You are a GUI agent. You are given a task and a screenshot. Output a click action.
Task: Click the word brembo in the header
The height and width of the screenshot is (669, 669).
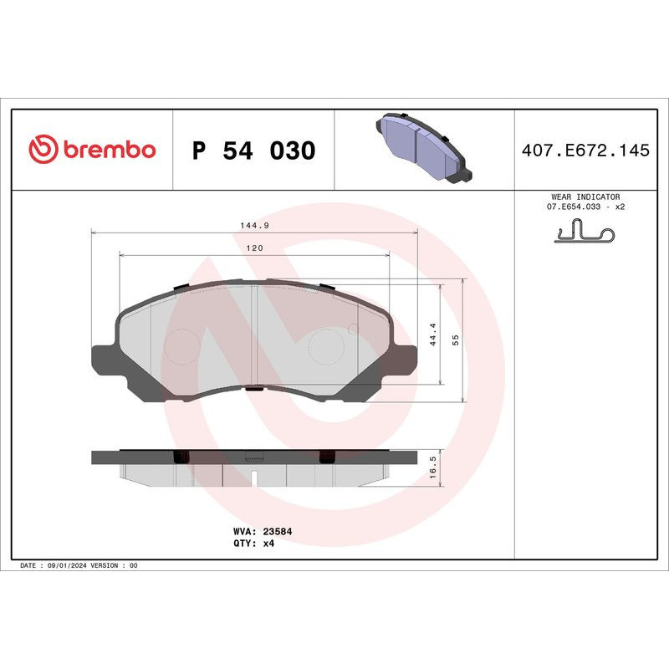click(109, 150)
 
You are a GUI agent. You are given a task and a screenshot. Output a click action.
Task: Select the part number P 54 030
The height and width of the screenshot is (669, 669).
click(253, 151)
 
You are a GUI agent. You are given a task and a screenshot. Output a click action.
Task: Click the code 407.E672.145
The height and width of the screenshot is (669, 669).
click(585, 151)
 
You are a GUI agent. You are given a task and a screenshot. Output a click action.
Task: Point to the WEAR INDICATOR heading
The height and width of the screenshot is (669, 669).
click(585, 196)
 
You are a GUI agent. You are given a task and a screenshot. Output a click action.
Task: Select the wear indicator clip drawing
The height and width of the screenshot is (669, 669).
click(585, 232)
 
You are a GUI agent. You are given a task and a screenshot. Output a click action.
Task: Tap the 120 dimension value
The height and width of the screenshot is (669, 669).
click(254, 248)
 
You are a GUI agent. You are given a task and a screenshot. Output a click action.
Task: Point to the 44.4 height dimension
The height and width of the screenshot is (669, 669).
click(433, 335)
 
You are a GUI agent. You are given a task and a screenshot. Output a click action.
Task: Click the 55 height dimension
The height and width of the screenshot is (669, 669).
click(456, 339)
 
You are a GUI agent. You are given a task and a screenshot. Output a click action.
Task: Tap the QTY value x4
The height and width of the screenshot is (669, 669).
click(269, 543)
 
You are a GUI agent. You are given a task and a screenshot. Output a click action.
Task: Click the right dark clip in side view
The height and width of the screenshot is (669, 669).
click(327, 456)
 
